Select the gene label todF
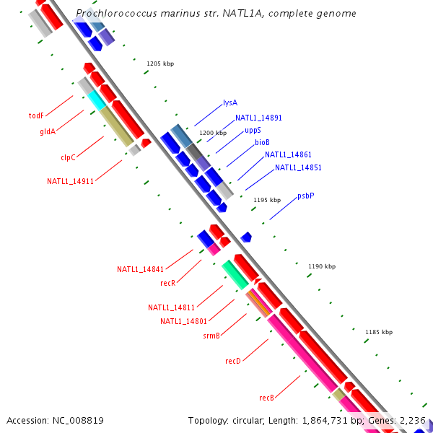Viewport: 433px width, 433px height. point(36,115)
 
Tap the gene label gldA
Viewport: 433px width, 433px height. point(48,131)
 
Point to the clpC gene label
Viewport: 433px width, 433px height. point(68,157)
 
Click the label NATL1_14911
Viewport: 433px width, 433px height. point(70,181)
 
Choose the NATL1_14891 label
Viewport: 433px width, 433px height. point(258,118)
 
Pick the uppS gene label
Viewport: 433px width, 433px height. point(253,131)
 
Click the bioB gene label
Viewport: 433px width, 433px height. point(262,143)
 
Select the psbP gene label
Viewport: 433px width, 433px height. point(306,196)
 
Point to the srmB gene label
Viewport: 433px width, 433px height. point(211,336)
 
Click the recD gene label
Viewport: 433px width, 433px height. point(232,360)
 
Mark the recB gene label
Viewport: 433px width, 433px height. point(266,398)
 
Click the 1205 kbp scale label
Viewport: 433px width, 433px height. point(160,64)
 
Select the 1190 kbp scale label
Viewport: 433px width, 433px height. point(322,266)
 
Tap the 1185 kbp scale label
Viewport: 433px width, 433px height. point(379,332)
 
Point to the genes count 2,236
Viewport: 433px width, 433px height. point(413,420)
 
